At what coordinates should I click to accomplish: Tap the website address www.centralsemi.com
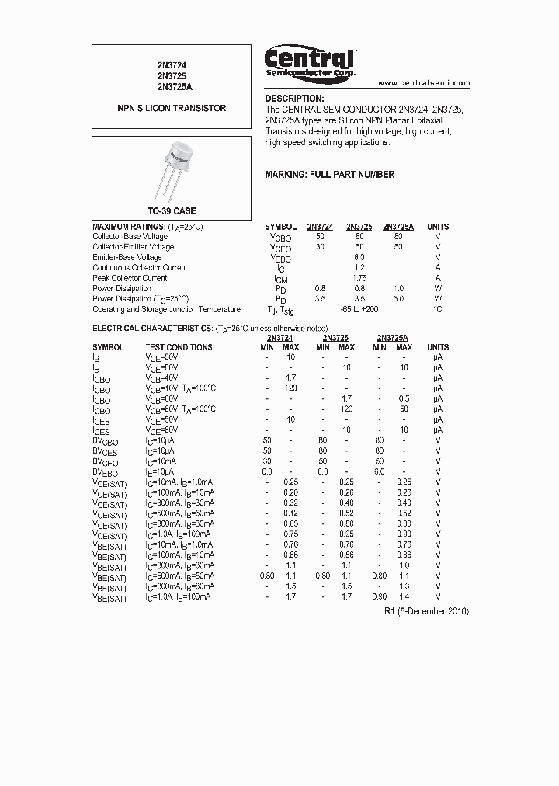coord(424,82)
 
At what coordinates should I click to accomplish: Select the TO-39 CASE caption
coord(172,211)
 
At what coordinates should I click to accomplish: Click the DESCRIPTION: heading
coord(294,99)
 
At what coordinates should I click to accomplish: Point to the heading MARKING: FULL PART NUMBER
coord(329,175)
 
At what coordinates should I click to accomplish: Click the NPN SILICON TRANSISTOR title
coord(172,108)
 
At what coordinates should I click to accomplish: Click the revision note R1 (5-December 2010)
coord(426,611)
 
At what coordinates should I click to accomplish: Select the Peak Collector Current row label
coord(130,278)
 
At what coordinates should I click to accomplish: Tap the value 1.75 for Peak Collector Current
coord(359,278)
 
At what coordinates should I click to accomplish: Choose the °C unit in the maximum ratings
coord(437,309)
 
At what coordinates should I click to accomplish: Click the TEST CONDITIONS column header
coord(179,347)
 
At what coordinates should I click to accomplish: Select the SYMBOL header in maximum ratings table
coord(280,227)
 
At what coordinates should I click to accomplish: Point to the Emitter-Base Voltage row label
coord(127,257)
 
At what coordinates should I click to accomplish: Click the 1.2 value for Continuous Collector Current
coord(359,267)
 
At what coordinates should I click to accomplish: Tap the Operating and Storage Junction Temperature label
coord(166,309)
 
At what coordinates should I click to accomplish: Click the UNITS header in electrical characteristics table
coord(437,347)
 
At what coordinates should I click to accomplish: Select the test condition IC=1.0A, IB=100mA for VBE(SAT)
coord(178,596)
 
